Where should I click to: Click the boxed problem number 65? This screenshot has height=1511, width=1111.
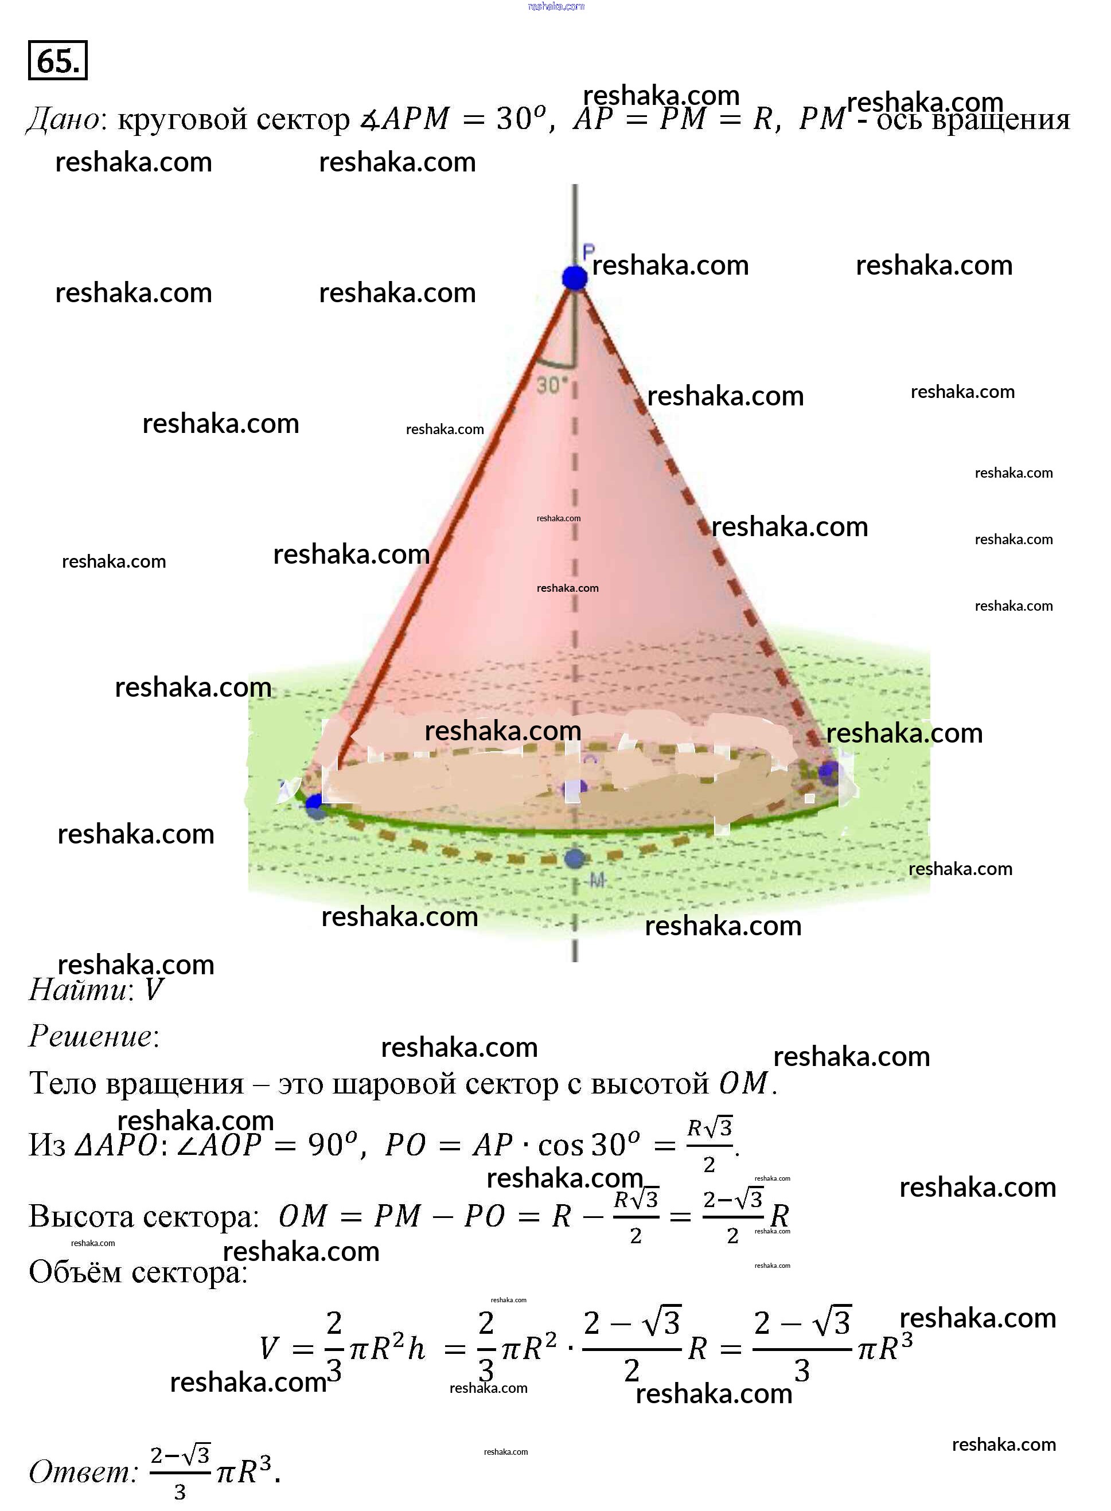(58, 61)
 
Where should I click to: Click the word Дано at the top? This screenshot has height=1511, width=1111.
(63, 119)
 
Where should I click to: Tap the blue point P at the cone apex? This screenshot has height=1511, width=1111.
(574, 277)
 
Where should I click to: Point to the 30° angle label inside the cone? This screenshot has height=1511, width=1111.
(551, 385)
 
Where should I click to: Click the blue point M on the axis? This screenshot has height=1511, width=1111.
(574, 858)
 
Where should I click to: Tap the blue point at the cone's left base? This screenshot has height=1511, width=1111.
(314, 803)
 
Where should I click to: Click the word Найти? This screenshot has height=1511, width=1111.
(77, 990)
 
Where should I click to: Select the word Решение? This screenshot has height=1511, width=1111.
(91, 1036)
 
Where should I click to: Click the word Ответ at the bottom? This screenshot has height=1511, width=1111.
(82, 1472)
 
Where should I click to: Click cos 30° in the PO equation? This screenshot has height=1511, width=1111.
(588, 1145)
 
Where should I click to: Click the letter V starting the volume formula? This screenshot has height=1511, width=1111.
(269, 1348)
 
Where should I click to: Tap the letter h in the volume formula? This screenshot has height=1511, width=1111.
(416, 1348)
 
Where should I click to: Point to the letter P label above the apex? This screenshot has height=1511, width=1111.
(588, 252)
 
